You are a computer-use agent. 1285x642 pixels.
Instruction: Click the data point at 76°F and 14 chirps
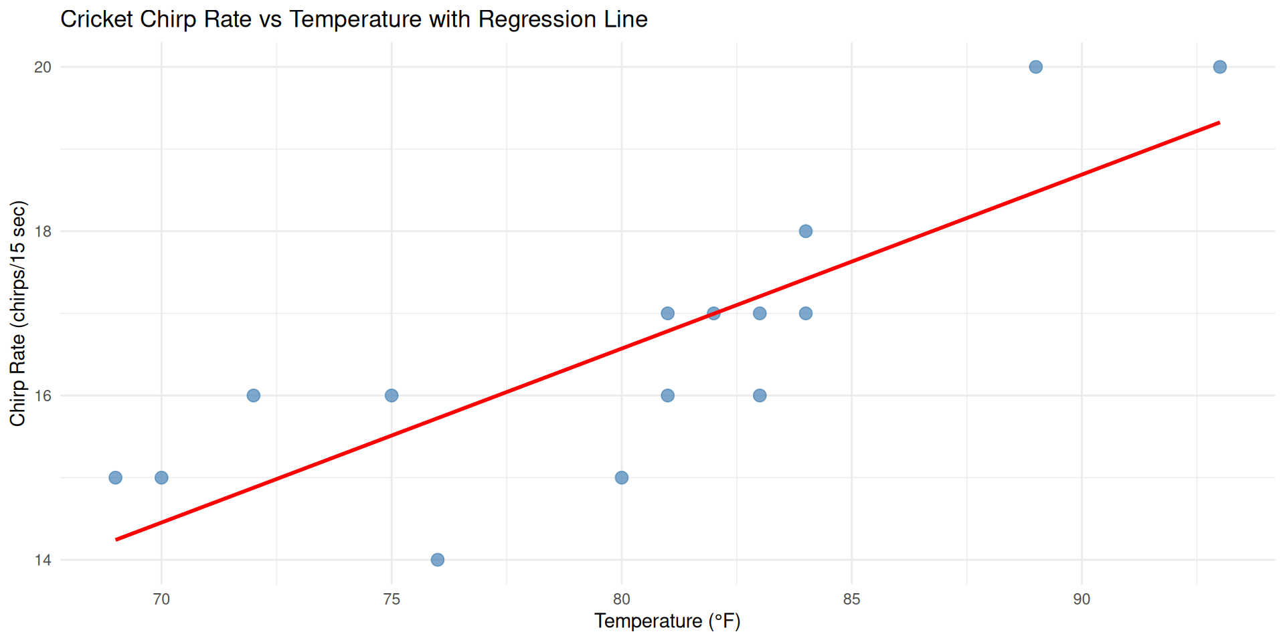click(438, 560)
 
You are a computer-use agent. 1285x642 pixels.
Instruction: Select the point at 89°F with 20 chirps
click(1036, 67)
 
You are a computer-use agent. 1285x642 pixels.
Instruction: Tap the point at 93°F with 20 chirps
click(1220, 67)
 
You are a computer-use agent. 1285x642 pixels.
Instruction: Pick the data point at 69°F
click(116, 477)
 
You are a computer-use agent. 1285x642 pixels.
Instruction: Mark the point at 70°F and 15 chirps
click(161, 477)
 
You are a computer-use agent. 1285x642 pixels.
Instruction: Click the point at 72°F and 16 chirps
click(254, 395)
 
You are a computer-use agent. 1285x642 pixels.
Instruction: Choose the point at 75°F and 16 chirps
click(392, 395)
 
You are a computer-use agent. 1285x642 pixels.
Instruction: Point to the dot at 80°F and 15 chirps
click(622, 477)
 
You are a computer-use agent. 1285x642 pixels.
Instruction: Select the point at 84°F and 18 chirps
click(806, 231)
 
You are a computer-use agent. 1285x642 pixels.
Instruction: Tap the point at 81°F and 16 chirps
click(668, 395)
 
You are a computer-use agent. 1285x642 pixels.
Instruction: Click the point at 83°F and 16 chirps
click(760, 395)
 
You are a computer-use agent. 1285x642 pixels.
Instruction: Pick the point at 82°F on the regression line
click(714, 314)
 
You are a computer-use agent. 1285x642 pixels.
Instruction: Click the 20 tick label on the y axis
click(43, 67)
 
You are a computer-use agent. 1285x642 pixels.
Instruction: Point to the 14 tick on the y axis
click(43, 560)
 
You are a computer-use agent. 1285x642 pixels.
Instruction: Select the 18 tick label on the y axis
click(43, 231)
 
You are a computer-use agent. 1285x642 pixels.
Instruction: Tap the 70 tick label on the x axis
click(161, 599)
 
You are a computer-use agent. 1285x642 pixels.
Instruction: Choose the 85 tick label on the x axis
click(852, 599)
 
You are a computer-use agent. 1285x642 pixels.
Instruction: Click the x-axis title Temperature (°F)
click(667, 621)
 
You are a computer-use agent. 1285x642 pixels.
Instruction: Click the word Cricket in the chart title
click(97, 19)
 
